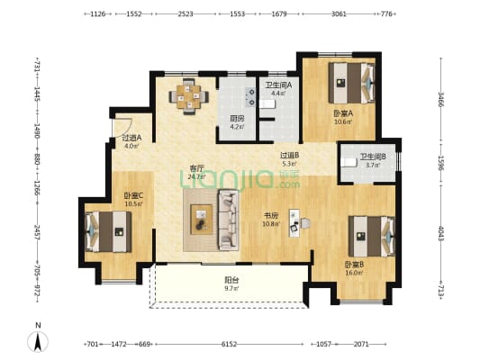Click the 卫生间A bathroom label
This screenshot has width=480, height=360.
click(275, 87)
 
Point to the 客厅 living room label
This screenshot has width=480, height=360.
click(197, 171)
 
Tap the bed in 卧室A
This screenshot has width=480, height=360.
click(349, 85)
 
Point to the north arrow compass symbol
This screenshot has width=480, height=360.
click(37, 339)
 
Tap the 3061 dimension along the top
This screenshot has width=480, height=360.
click(339, 14)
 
